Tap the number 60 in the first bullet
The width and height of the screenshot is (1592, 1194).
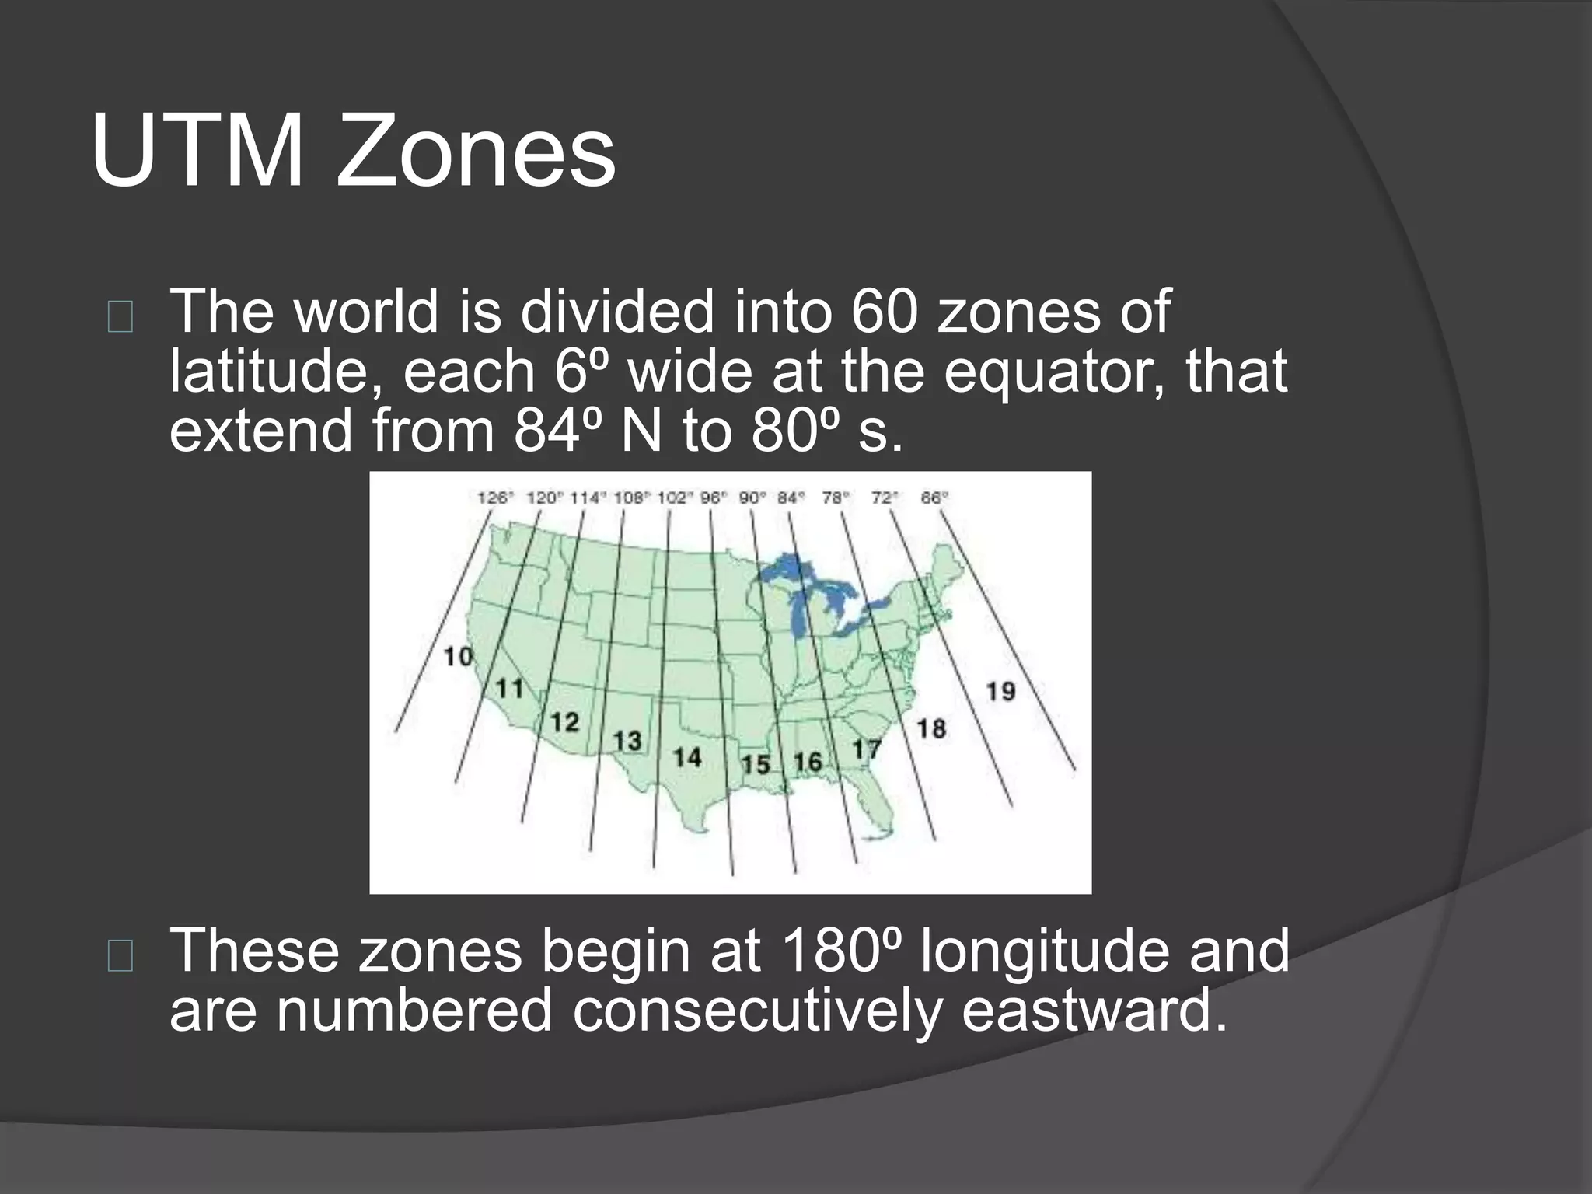tap(884, 312)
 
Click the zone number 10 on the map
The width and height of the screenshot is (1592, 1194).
tap(459, 657)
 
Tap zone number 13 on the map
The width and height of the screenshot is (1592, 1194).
tap(627, 741)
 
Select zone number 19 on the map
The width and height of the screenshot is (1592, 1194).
tap(1000, 690)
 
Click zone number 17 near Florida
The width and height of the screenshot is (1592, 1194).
tap(866, 749)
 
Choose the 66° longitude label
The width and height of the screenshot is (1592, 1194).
tap(934, 497)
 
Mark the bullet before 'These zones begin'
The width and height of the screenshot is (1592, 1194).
tap(121, 957)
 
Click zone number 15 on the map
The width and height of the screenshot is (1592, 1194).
tap(755, 764)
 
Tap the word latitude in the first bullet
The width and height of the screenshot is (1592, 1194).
tap(276, 372)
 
